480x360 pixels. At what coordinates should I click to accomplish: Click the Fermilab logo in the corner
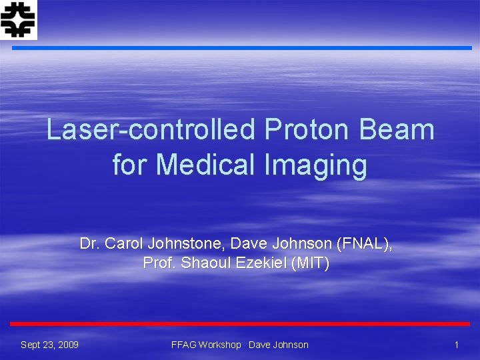pos(19,19)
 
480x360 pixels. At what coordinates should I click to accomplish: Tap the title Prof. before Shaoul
pos(159,263)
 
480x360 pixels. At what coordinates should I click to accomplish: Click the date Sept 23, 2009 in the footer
pos(49,345)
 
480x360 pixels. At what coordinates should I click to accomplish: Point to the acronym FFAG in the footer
pos(184,345)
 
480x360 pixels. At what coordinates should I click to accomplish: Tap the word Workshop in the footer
pos(221,345)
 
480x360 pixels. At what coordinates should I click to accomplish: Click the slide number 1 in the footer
pos(457,345)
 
